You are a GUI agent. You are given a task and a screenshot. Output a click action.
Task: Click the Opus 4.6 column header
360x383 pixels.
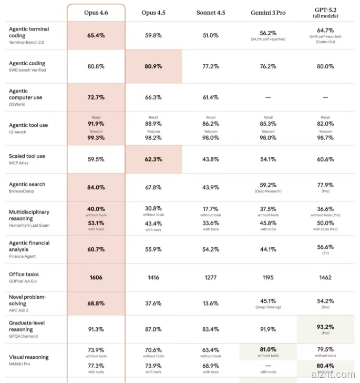[x=96, y=12]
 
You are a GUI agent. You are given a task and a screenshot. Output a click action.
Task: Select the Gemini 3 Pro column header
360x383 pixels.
[x=268, y=12]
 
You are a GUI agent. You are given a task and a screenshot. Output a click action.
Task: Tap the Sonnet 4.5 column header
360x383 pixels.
[x=210, y=12]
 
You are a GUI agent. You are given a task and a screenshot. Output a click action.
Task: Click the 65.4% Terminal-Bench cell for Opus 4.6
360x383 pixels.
[x=96, y=35]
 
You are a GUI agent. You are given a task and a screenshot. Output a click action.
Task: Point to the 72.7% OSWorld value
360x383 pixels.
[x=96, y=97]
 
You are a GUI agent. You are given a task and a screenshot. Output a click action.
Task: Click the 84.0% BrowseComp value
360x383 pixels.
[x=96, y=187]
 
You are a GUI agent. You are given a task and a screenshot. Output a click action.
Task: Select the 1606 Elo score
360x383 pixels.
[x=96, y=277]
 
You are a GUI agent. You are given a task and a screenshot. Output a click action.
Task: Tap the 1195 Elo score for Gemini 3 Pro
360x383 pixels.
[x=268, y=277]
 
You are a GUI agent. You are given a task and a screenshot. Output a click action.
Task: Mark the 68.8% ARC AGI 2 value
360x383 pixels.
[x=96, y=303]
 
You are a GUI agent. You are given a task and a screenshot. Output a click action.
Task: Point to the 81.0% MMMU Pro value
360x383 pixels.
[x=268, y=349]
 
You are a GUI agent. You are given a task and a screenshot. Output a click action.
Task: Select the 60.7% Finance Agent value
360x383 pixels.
[x=96, y=249]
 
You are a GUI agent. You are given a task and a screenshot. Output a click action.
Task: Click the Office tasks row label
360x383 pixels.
[x=24, y=274]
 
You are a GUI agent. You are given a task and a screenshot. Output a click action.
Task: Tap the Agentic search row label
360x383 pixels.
[x=27, y=184]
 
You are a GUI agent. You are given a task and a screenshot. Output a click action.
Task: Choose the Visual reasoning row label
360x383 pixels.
[x=28, y=357]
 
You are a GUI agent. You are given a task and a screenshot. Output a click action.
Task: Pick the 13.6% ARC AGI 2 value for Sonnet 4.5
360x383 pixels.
[x=210, y=303]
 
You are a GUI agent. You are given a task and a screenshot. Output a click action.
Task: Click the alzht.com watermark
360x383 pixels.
[x=340, y=375]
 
